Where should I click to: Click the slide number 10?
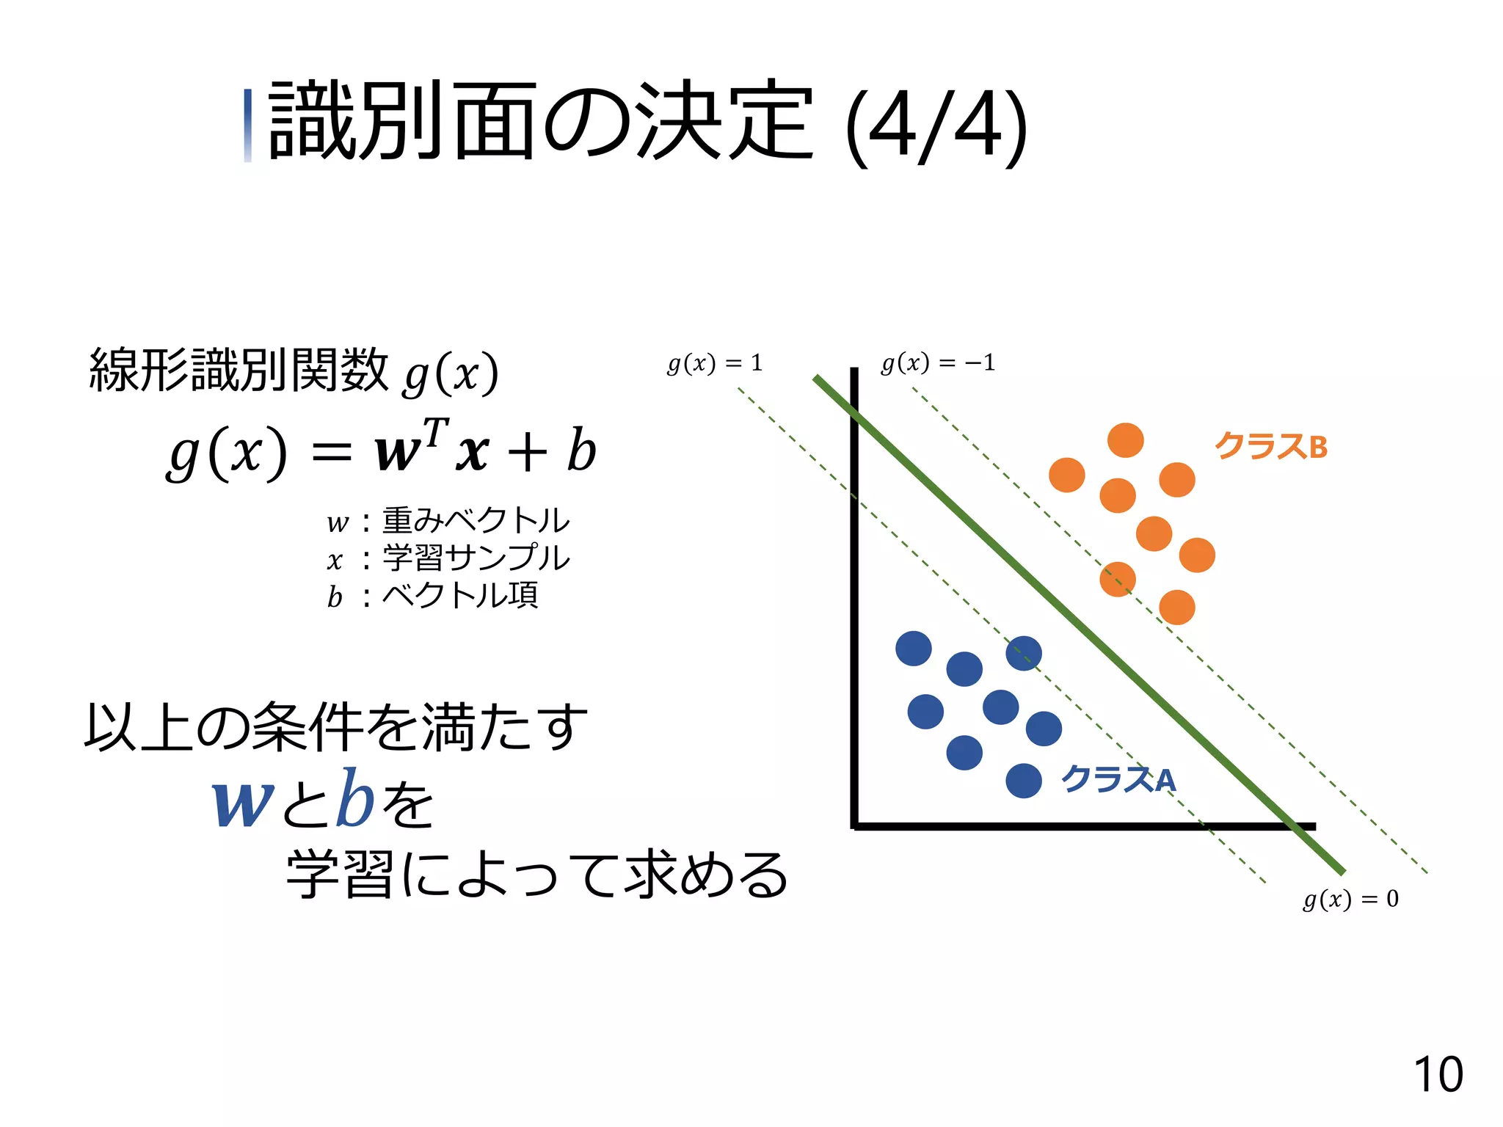1438,1075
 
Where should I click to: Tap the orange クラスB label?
1270,446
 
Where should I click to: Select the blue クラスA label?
1118,778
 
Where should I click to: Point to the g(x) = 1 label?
715,363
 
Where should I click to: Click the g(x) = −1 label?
938,362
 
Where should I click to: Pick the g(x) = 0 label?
1350,899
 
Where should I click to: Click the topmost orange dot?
1125,440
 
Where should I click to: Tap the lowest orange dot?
1176,607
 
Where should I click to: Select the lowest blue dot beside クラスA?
1023,780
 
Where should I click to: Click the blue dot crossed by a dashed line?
1023,653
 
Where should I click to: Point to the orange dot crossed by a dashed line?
1117,579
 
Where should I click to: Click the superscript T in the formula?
435,432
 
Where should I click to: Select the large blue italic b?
354,798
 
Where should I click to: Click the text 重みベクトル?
476,521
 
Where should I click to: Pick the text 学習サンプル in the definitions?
476,558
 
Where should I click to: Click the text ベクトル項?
460,595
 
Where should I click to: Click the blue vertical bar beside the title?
248,125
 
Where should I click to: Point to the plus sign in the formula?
527,452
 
